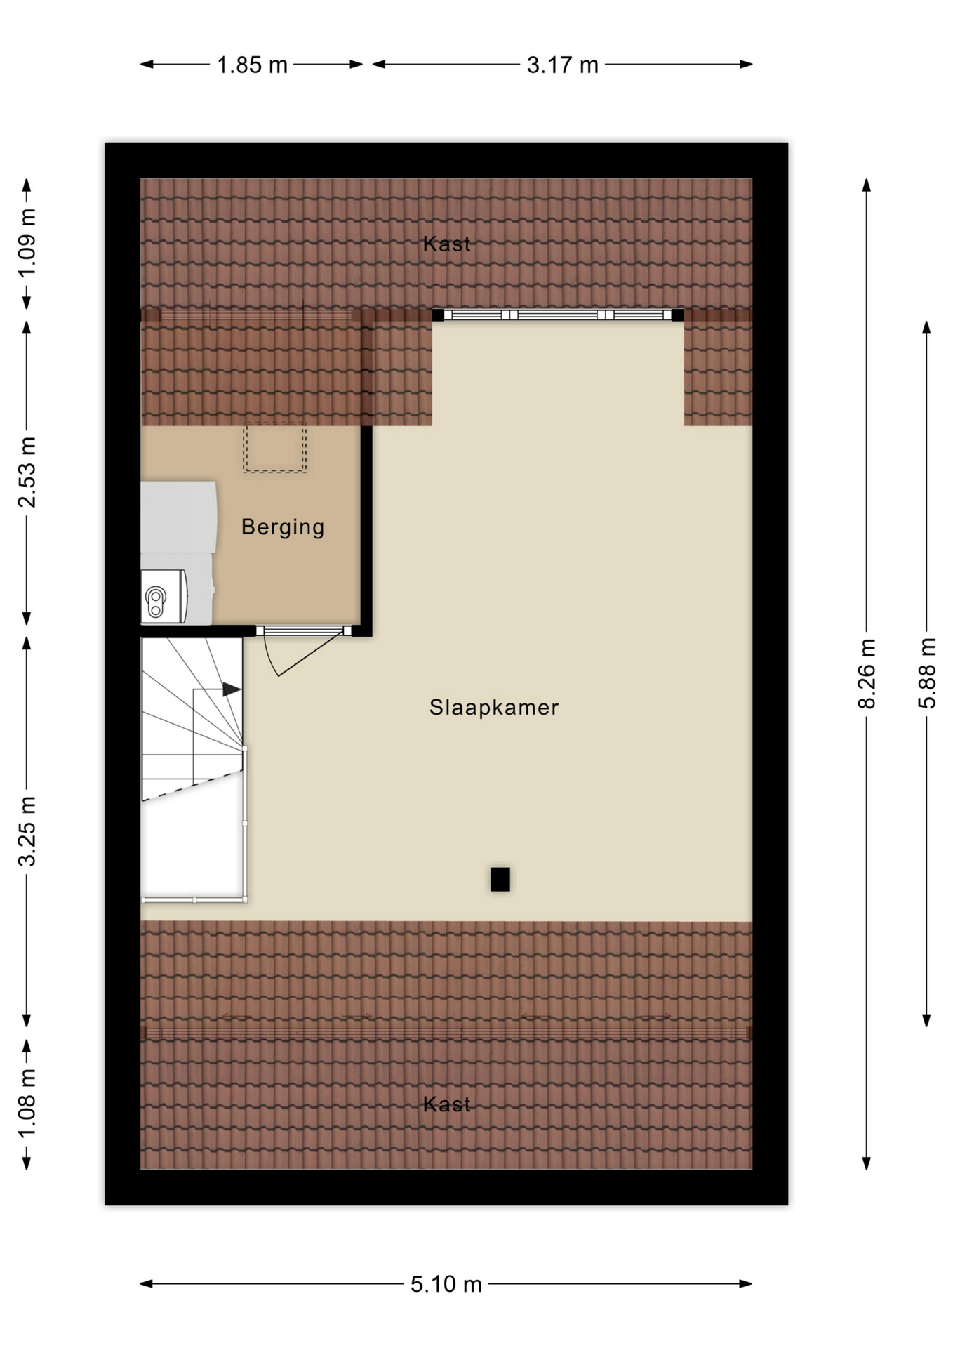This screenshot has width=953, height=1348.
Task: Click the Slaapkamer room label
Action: pyautogui.click(x=494, y=707)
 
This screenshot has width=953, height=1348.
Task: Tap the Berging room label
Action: pyautogui.click(x=283, y=527)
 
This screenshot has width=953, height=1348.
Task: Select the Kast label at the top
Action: pyautogui.click(x=447, y=244)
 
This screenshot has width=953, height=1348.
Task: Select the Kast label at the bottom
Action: pyautogui.click(x=447, y=1104)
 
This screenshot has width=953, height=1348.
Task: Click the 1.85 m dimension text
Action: pyautogui.click(x=252, y=65)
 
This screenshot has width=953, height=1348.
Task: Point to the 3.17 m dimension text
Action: pyautogui.click(x=562, y=65)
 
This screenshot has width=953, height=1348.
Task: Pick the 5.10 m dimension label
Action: pyautogui.click(x=446, y=1284)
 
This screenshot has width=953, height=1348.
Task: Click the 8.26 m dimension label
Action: pyautogui.click(x=867, y=673)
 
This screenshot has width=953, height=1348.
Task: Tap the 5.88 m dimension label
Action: pyautogui.click(x=927, y=673)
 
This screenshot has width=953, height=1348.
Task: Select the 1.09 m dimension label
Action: pyautogui.click(x=27, y=243)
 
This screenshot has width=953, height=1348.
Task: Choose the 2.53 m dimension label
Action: pyautogui.click(x=27, y=472)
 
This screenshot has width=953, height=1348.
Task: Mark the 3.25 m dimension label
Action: pyautogui.click(x=27, y=831)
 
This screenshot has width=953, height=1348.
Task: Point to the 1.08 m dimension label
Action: pyautogui.click(x=27, y=1104)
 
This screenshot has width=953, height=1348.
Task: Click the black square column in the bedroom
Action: pyautogui.click(x=500, y=879)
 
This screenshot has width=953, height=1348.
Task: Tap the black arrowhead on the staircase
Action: pyautogui.click(x=232, y=689)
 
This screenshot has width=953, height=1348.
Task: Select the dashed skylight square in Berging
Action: pyautogui.click(x=274, y=447)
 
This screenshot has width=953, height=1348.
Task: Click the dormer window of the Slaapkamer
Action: pyautogui.click(x=558, y=315)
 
